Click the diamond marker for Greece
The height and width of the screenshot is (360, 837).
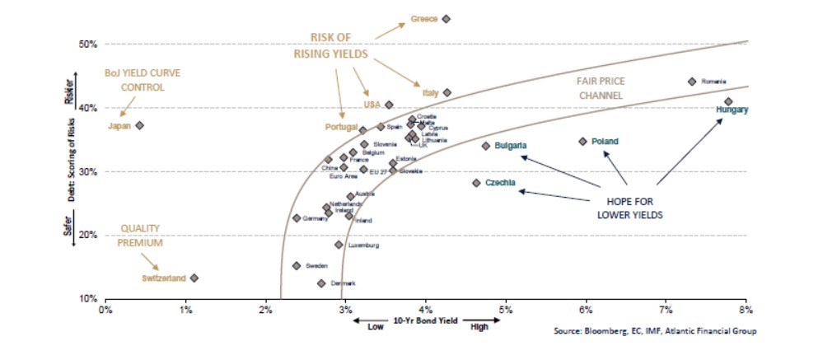click(x=446, y=18)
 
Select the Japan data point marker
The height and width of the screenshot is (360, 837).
click(x=140, y=125)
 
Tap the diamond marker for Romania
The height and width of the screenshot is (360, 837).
click(x=692, y=82)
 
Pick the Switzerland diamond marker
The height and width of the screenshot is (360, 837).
click(x=194, y=278)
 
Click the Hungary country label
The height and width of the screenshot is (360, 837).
click(x=732, y=110)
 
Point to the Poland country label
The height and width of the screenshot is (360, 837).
click(x=605, y=142)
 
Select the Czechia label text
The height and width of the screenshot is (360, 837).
click(x=501, y=182)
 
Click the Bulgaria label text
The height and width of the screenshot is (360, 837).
click(x=511, y=146)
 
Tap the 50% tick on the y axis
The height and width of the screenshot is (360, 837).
click(x=88, y=44)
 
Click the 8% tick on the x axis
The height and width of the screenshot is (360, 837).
click(x=746, y=310)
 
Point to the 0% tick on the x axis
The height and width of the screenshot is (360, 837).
click(x=105, y=310)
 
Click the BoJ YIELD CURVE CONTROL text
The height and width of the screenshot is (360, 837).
click(x=143, y=80)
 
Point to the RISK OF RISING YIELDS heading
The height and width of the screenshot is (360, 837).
click(x=330, y=45)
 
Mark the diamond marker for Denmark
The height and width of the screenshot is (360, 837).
click(x=321, y=283)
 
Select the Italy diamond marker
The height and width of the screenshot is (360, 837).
click(x=447, y=93)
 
